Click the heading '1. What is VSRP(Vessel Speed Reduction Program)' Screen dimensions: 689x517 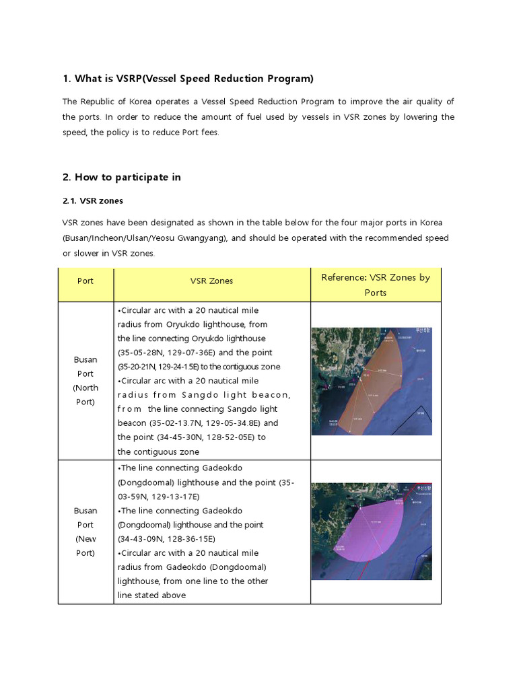pyautogui.click(x=188, y=79)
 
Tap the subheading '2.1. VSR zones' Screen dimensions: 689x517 pyautogui.click(x=93, y=201)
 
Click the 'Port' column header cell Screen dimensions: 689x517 pyautogui.click(x=85, y=281)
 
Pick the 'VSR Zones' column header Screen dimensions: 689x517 pyautogui.click(x=212, y=281)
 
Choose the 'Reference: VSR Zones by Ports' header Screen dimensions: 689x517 pyautogui.click(x=376, y=285)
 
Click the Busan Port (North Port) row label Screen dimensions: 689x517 pyautogui.click(x=85, y=380)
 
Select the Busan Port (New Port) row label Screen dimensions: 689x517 pyautogui.click(x=85, y=532)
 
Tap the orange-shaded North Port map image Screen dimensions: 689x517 pyautogui.click(x=372, y=381)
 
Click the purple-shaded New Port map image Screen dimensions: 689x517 pyautogui.click(x=372, y=531)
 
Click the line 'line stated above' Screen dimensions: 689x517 pyautogui.click(x=151, y=595)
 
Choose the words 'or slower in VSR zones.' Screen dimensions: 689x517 pyautogui.click(x=108, y=253)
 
